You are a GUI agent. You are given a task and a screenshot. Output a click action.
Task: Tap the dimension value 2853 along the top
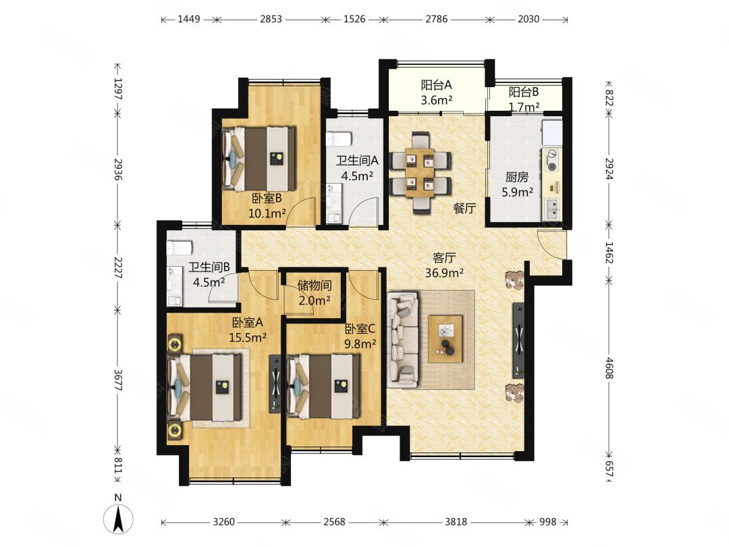tap(271, 19)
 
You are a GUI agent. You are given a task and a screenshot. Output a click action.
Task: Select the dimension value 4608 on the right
tap(609, 367)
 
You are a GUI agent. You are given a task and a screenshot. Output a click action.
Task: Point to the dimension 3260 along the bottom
tap(223, 522)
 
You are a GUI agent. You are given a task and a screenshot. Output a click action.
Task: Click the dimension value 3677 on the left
tap(118, 380)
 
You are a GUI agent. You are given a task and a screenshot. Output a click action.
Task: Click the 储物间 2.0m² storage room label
tap(315, 292)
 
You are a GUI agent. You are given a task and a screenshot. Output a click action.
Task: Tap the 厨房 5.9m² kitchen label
tap(517, 184)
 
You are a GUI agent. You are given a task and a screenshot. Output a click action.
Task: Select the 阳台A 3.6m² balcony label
tap(437, 92)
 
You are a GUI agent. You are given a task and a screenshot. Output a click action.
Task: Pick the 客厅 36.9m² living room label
tap(444, 265)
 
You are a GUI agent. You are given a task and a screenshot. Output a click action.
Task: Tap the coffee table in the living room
tap(446, 339)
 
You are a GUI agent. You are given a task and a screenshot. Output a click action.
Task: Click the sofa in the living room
tap(402, 339)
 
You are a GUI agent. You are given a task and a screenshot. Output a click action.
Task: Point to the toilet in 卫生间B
tap(179, 247)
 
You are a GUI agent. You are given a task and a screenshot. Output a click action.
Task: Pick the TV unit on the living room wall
tap(518, 340)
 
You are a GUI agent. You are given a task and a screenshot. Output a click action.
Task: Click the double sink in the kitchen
tap(552, 210)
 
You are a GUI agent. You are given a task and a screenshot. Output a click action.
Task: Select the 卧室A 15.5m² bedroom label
tap(248, 330)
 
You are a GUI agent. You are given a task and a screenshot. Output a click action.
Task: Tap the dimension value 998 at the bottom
tap(547, 522)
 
